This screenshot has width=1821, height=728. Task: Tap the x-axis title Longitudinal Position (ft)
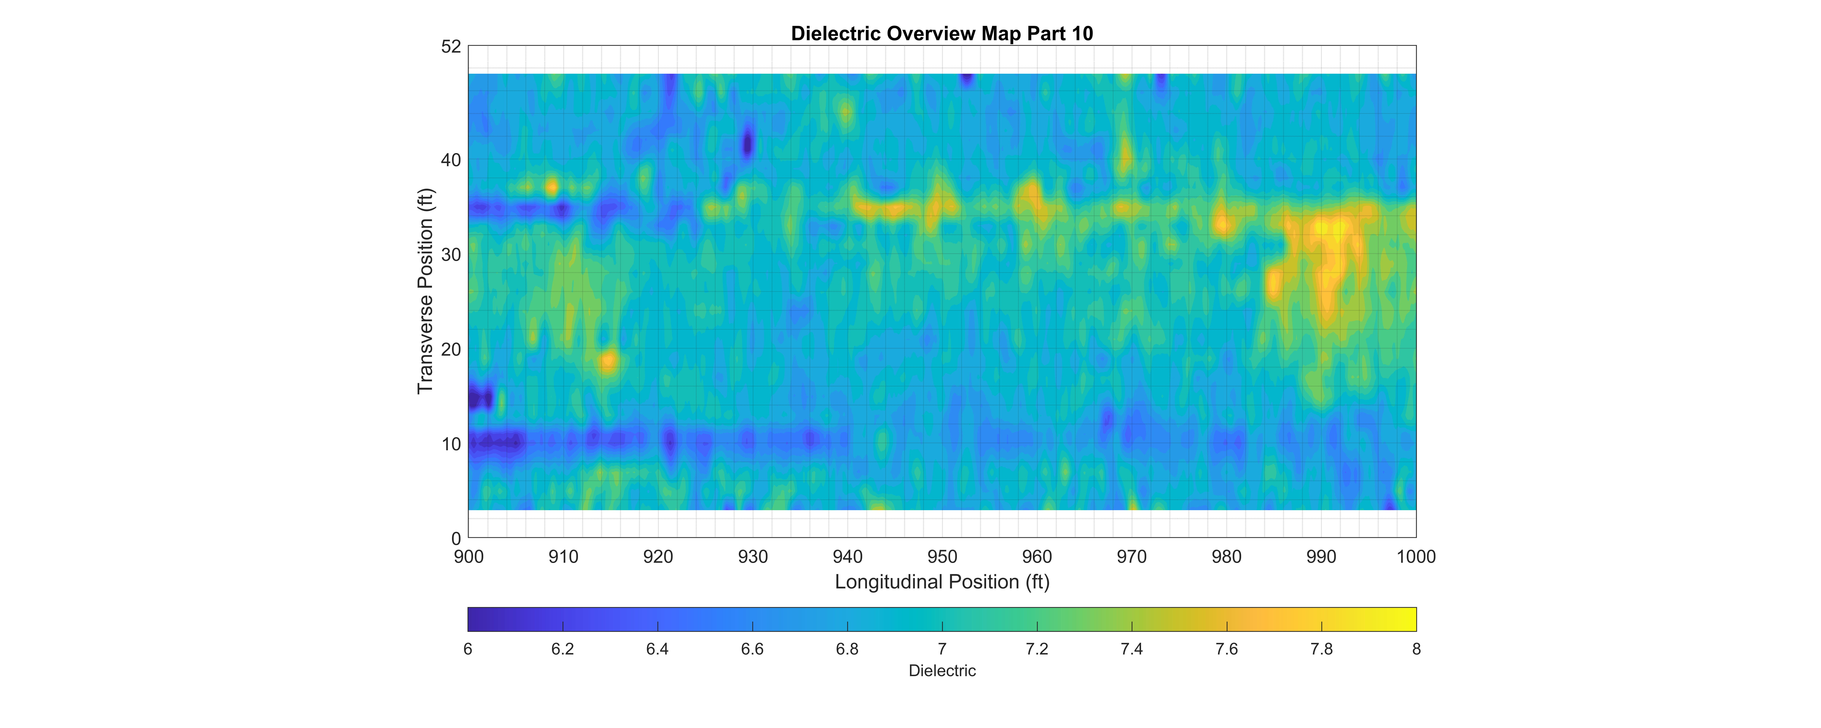[x=942, y=582]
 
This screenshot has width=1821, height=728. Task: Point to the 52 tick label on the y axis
[x=451, y=47]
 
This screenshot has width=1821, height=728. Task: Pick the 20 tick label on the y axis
[x=451, y=349]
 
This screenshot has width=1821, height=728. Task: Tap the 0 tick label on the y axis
[x=456, y=539]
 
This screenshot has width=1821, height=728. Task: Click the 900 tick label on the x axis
[x=469, y=557]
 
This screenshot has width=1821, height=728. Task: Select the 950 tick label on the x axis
[x=942, y=557]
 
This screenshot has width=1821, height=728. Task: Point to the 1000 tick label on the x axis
[x=1416, y=557]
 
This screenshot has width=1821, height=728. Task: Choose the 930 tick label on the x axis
[x=753, y=557]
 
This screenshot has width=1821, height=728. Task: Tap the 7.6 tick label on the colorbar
[x=1226, y=649]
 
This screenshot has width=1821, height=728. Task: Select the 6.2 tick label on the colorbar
[x=563, y=649]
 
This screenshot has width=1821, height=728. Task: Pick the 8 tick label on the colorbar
[x=1416, y=649]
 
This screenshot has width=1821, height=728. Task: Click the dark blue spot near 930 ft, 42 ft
[x=748, y=143]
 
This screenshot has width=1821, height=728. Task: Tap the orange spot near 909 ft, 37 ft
[x=551, y=187]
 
